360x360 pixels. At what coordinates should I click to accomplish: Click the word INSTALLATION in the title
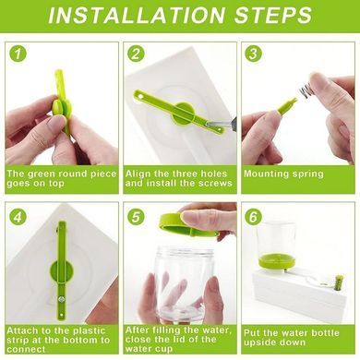pos(137,15)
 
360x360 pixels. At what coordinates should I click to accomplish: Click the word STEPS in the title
pos(273,15)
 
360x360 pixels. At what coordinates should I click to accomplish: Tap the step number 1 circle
pos(18,54)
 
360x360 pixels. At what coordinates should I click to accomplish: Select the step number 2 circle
pos(136,54)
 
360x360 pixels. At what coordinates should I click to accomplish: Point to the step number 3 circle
pos(253,54)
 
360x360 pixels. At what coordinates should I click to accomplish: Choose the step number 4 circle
pos(18,217)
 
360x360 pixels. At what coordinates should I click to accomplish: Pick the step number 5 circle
pos(136,217)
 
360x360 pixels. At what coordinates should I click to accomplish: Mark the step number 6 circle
pos(253,217)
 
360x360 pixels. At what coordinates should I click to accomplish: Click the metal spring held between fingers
pos(305,90)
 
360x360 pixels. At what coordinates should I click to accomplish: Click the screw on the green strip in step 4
pos(63,298)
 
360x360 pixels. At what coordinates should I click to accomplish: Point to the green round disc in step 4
pos(61,270)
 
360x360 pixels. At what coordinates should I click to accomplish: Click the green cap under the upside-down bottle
pos(277,261)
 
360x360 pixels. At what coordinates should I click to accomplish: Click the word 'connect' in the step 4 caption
pos(27,350)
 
